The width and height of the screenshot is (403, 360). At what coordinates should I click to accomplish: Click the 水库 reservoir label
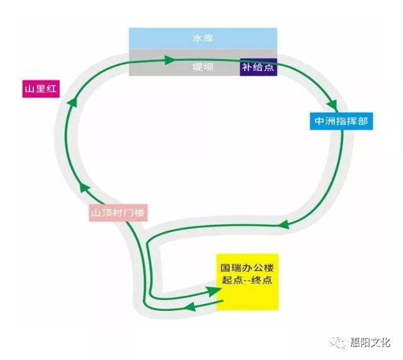click(203, 38)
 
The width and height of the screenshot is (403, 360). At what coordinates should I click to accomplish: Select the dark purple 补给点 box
click(258, 66)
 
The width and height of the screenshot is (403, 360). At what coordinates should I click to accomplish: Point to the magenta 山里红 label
click(39, 89)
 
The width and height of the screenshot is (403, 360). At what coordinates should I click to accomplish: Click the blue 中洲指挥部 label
click(341, 121)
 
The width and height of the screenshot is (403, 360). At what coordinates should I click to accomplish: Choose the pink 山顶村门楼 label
click(118, 213)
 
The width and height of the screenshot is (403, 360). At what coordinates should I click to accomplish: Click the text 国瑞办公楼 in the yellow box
click(248, 267)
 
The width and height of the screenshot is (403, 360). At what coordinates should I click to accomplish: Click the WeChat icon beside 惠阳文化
click(340, 342)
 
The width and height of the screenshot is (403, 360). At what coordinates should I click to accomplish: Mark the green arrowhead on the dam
click(169, 60)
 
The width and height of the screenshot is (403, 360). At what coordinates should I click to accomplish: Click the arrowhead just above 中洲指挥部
click(331, 101)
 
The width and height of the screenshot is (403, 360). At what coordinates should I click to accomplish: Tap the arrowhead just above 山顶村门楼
click(84, 188)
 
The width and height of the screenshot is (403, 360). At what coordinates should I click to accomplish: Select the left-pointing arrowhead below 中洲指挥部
click(283, 223)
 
